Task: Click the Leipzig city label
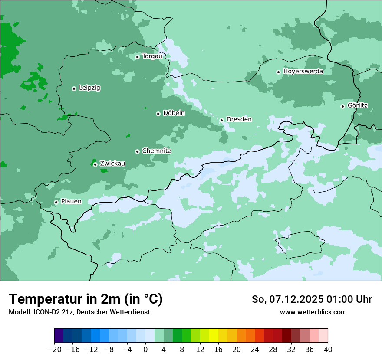[89, 88]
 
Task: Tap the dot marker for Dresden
[221, 120]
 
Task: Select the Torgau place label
[152, 56]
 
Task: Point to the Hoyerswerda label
[303, 72]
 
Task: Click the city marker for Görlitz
[342, 106]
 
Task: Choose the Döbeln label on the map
[174, 113]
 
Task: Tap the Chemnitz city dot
[137, 151]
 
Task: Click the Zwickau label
[112, 164]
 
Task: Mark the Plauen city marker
[56, 202]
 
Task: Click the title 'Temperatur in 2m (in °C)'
[86, 299]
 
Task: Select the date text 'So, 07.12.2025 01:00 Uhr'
[312, 299]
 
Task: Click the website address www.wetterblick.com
[313, 312]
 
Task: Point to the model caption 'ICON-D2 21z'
[51, 312]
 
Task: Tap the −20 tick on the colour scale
[55, 350]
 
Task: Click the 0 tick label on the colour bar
[145, 350]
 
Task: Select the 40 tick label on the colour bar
[328, 350]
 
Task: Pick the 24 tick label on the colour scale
[255, 350]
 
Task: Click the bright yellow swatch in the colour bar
[214, 336]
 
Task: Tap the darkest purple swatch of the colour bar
[59, 336]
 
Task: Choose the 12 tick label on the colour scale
[200, 350]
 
